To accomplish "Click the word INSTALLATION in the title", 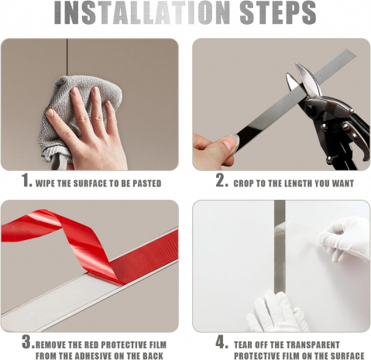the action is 142,12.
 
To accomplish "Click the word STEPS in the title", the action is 278,12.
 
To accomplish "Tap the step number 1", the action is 26,180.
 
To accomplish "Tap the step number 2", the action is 222,180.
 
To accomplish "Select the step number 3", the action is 28,342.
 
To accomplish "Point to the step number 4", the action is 222,342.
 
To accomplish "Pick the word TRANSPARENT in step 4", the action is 313,345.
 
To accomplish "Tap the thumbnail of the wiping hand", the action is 50,113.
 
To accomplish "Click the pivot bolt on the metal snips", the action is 345,127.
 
